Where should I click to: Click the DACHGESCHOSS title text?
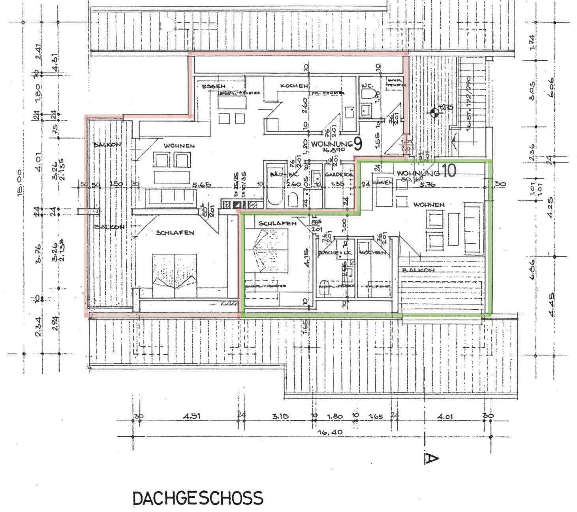tap(198, 498)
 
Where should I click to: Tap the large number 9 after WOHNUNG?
tap(357, 144)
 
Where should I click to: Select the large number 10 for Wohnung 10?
tap(449, 170)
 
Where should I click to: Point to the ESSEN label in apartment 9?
tap(213, 86)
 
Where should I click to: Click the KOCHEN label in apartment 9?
tap(294, 86)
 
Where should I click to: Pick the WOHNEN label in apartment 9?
tap(179, 146)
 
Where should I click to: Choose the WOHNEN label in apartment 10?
tap(429, 205)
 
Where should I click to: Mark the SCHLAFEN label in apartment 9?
tap(175, 233)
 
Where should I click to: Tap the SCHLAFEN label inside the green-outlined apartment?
tap(277, 223)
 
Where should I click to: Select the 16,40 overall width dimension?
tap(329, 432)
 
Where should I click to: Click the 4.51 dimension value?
tap(192, 416)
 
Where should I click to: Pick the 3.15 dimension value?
tap(280, 416)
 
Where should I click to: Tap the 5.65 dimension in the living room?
tap(201, 184)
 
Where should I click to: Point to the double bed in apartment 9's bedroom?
tap(174, 275)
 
